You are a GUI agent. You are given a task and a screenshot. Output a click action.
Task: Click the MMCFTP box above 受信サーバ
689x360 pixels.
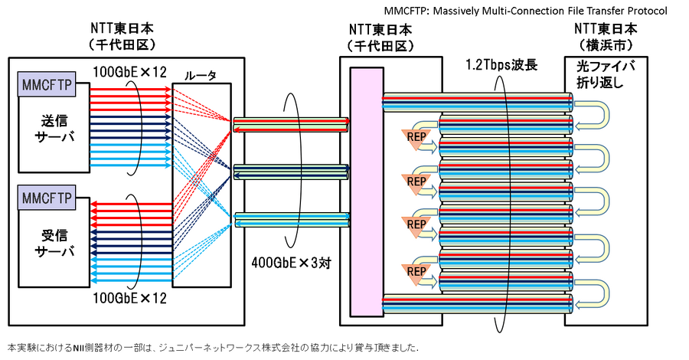[x=47, y=199]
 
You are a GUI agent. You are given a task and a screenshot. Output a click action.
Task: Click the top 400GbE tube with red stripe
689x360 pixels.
[x=291, y=122]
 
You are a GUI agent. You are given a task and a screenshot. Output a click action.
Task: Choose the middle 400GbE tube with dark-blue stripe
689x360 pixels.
[x=291, y=171]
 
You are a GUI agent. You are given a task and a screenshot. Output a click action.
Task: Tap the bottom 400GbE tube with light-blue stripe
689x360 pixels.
[x=291, y=219]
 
